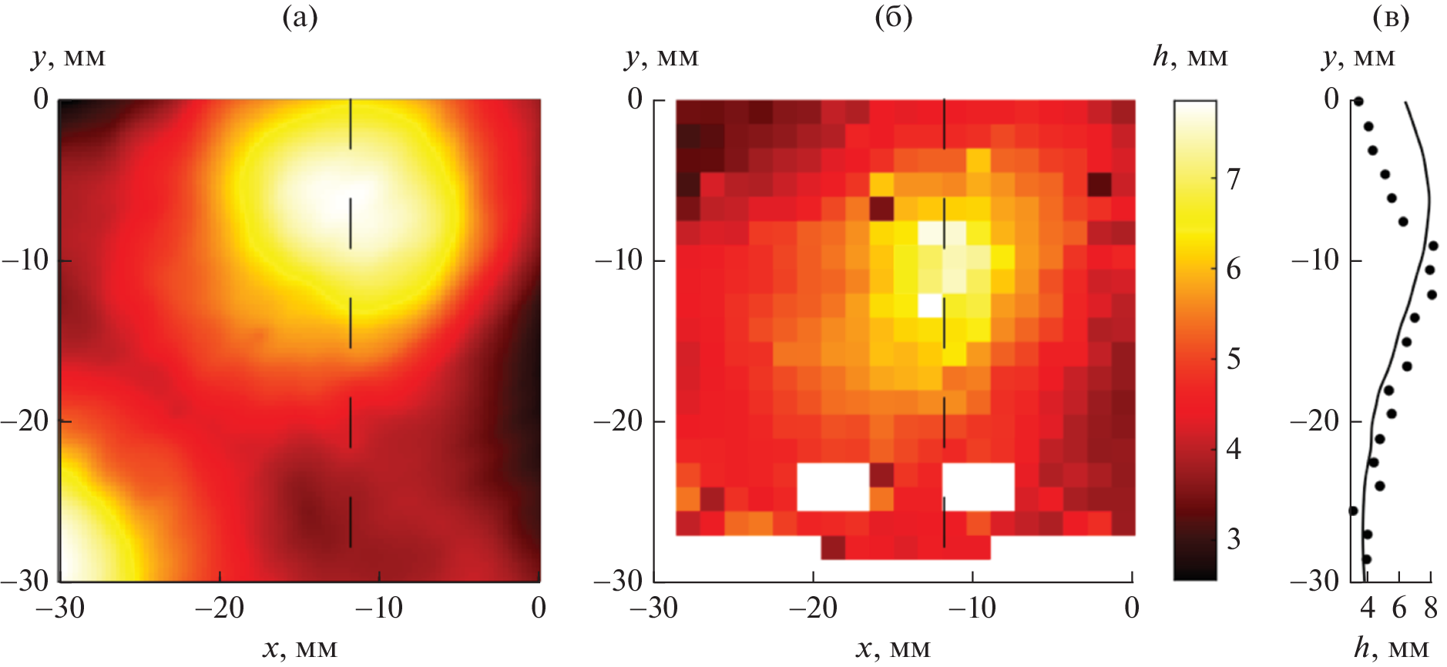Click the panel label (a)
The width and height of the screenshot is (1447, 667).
pyautogui.click(x=300, y=17)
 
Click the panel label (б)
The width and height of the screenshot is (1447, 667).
pyautogui.click(x=894, y=17)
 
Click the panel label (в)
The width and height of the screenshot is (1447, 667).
pyautogui.click(x=1391, y=17)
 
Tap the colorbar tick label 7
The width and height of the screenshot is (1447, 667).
pyautogui.click(x=1234, y=179)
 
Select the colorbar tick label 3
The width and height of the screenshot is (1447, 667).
pyautogui.click(x=1234, y=539)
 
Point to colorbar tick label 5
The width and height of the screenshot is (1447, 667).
pyautogui.click(x=1234, y=359)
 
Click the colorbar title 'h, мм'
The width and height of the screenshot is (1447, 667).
pyautogui.click(x=1190, y=57)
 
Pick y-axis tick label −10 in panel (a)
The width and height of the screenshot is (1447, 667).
pyautogui.click(x=26, y=260)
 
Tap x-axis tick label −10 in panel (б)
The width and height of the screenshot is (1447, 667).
pyautogui.click(x=972, y=608)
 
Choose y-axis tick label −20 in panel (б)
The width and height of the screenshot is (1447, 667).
pyautogui.click(x=619, y=421)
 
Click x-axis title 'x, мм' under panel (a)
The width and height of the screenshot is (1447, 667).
pyautogui.click(x=300, y=649)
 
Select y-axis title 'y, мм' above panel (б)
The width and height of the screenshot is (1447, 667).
pyautogui.click(x=662, y=57)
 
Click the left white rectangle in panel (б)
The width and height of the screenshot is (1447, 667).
pyautogui.click(x=833, y=487)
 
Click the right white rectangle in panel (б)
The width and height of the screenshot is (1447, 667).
pyautogui.click(x=979, y=487)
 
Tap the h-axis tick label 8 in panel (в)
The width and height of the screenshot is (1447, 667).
pyautogui.click(x=1431, y=608)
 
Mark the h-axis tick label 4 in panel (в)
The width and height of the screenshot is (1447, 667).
pyautogui.click(x=1368, y=608)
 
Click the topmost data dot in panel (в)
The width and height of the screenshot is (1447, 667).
pyautogui.click(x=1358, y=101)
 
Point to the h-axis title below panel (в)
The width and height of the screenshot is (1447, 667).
pyautogui.click(x=1392, y=649)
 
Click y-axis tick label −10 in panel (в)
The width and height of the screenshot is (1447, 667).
pyautogui.click(x=1316, y=260)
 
